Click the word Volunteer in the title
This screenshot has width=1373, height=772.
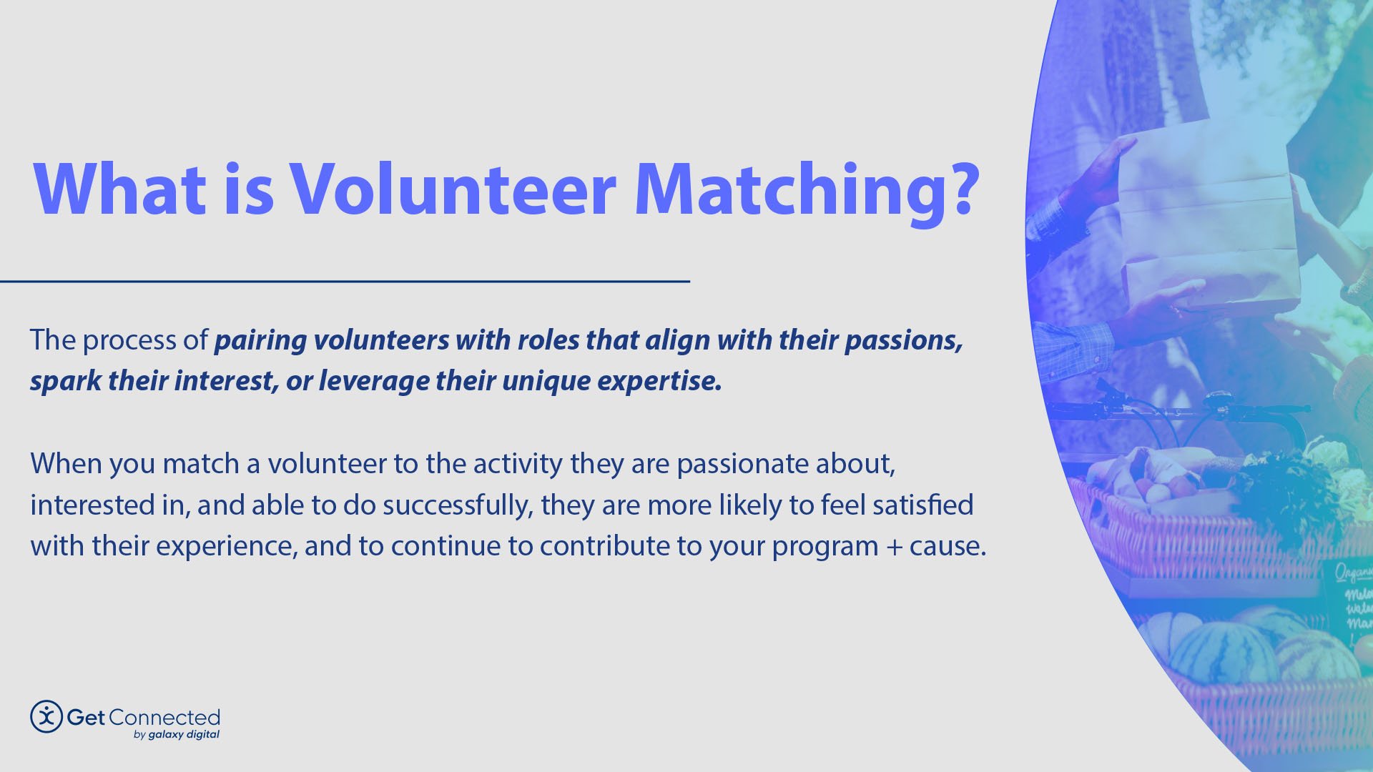452,189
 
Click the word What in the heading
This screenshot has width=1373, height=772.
119,189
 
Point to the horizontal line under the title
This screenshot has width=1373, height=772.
343,282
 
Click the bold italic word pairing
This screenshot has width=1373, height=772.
260,341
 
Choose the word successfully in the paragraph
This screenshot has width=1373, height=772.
458,505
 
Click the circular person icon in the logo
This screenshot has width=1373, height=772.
46,716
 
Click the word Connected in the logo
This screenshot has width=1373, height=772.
164,717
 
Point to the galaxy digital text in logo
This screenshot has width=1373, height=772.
184,735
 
